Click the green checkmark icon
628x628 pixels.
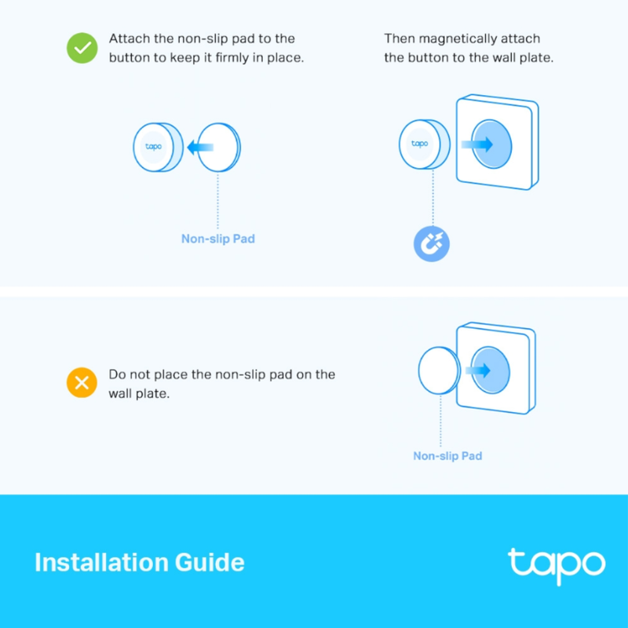click(x=81, y=49)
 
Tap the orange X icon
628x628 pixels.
click(x=81, y=384)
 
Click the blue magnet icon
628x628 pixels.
click(x=431, y=243)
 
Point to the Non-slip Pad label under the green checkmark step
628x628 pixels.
click(x=218, y=239)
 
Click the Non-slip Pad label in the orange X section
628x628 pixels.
click(x=447, y=456)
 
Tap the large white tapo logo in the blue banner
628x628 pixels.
click(x=556, y=564)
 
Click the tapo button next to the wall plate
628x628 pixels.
click(x=421, y=144)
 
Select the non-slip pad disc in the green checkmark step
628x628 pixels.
click(x=221, y=147)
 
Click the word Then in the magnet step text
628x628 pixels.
click(x=399, y=38)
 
